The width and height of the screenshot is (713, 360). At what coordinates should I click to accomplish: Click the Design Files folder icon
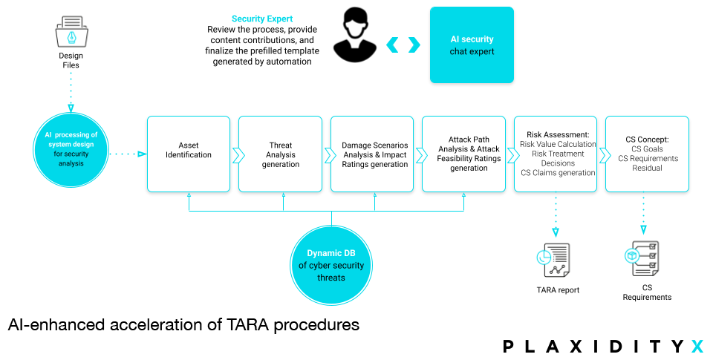point(71,32)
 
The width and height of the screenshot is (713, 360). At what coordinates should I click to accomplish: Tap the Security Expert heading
point(262,19)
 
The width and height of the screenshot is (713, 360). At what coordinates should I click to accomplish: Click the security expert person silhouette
point(355,35)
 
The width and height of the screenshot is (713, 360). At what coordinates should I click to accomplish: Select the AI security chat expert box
point(472,45)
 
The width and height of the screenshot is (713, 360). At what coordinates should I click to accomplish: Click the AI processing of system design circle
point(71,149)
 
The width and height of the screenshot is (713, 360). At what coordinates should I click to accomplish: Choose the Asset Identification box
point(189,154)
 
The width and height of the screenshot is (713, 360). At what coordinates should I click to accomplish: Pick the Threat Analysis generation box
point(280,154)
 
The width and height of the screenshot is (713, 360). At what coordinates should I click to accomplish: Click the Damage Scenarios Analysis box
point(372,154)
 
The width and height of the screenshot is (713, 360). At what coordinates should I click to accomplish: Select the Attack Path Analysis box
point(463,154)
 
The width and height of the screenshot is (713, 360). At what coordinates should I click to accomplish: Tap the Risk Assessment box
point(556,154)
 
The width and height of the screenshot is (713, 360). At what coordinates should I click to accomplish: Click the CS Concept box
point(647,154)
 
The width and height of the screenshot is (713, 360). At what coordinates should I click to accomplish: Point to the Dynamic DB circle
point(331,266)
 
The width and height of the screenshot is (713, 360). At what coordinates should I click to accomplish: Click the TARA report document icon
point(553,260)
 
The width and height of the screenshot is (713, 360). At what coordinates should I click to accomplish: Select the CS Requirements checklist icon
point(642,258)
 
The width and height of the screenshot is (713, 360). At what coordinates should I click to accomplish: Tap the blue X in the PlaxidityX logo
point(697,347)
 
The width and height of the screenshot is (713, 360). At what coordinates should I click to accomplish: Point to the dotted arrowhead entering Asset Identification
point(143,154)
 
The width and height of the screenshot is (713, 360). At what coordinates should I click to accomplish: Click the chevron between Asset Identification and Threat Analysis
point(238,155)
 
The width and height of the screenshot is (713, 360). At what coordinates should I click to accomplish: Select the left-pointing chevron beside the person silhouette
point(392,45)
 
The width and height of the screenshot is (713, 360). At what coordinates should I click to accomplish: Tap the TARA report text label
point(558,290)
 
